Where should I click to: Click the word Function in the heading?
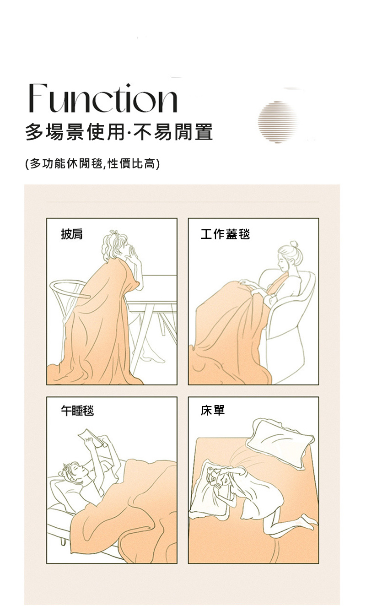(x=103, y=98)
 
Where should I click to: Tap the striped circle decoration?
(x=278, y=122)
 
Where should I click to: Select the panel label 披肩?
(x=72, y=234)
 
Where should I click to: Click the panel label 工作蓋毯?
(x=225, y=234)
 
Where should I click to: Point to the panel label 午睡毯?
(x=77, y=411)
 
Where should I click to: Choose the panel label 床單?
(x=213, y=410)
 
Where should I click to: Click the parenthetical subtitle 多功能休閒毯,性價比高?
(x=92, y=163)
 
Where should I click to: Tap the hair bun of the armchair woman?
(x=294, y=244)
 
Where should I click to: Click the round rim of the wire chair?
(x=70, y=289)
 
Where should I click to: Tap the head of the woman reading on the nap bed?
(x=74, y=472)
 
